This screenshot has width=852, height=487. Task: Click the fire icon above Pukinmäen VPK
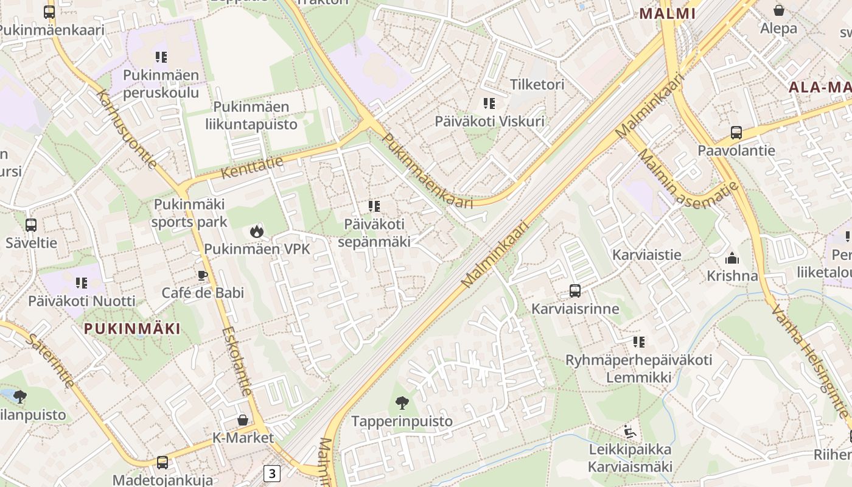[256, 231]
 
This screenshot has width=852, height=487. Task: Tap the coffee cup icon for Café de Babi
[202, 275]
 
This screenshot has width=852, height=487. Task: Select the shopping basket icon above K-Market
[243, 420]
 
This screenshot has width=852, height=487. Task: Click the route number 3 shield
[272, 473]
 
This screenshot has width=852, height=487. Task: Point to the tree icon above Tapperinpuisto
[402, 402]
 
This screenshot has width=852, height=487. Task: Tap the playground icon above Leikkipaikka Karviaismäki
[630, 432]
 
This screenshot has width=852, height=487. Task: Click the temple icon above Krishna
[732, 258]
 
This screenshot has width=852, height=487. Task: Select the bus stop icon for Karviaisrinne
[575, 291]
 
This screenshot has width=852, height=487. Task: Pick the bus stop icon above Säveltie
[31, 225]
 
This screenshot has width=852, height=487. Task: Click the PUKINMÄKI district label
[132, 329]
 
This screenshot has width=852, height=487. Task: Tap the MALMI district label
[667, 13]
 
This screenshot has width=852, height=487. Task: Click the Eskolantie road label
[237, 361]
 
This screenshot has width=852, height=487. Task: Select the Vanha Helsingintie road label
[809, 361]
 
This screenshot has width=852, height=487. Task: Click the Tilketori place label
[537, 84]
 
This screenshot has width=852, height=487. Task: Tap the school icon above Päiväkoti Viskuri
[489, 103]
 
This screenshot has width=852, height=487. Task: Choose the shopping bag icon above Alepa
[778, 10]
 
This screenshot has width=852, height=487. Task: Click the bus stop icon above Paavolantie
[736, 133]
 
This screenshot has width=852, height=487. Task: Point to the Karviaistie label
[646, 254]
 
